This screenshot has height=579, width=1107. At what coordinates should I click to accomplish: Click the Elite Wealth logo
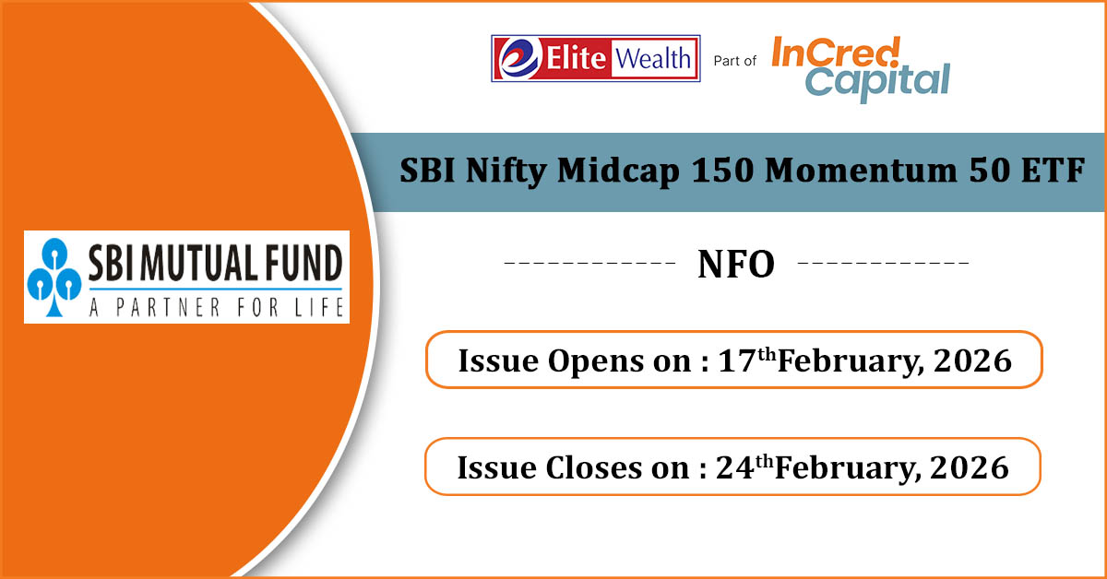[596, 58]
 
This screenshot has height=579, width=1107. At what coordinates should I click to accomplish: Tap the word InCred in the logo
[836, 53]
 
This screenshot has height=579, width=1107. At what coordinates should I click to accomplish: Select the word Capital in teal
[877, 82]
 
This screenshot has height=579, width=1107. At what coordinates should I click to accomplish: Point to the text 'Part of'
[735, 61]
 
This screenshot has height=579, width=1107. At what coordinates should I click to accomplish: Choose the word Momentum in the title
[861, 171]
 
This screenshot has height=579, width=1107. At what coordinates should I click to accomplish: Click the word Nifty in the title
[506, 171]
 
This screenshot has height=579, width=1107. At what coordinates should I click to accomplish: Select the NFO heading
[736, 265]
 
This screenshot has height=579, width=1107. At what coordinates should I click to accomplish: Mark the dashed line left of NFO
[589, 263]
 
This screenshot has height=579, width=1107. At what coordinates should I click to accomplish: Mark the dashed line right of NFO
[884, 263]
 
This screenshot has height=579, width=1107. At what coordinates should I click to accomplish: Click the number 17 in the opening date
[737, 360]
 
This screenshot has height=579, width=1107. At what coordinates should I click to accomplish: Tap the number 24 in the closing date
[735, 467]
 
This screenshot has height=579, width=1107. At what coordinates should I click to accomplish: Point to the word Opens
[595, 362]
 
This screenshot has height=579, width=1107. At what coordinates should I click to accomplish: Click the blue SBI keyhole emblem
[54, 277]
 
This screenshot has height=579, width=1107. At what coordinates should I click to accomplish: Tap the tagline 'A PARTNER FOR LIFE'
[217, 307]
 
